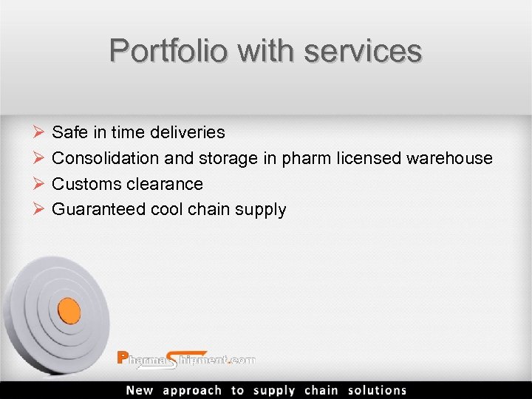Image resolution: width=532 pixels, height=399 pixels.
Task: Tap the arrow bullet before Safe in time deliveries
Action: pos(39,133)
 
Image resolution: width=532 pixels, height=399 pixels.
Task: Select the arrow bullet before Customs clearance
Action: pos(39,184)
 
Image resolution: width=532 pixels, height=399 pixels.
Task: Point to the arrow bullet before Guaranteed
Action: pos(39,210)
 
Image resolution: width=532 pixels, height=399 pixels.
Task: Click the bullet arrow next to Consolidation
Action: pos(39,158)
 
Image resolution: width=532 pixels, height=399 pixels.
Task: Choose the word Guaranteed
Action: pos(98,210)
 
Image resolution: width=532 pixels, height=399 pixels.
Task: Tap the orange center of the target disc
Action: pos(69,308)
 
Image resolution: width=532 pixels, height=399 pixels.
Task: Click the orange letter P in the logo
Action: pos(123,358)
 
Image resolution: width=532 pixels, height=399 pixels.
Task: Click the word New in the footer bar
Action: pos(140,390)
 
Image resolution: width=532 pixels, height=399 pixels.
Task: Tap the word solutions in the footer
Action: pos(377,390)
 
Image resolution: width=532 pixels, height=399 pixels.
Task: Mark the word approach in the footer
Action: pos(192,390)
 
